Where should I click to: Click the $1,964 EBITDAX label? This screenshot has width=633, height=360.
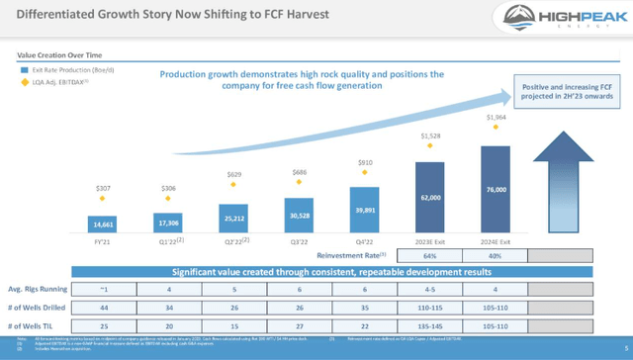click(500, 120)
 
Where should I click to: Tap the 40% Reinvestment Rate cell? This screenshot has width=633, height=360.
click(500, 255)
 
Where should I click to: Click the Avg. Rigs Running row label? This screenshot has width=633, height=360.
click(41, 291)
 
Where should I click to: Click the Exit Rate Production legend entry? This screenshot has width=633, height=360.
click(56, 70)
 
